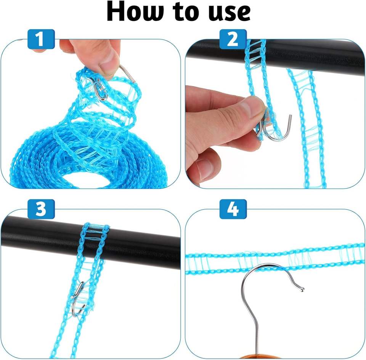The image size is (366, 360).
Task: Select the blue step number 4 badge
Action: coord(233,210)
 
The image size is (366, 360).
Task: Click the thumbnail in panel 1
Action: coord(110,59)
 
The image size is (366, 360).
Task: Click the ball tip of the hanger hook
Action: coord(302,290)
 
